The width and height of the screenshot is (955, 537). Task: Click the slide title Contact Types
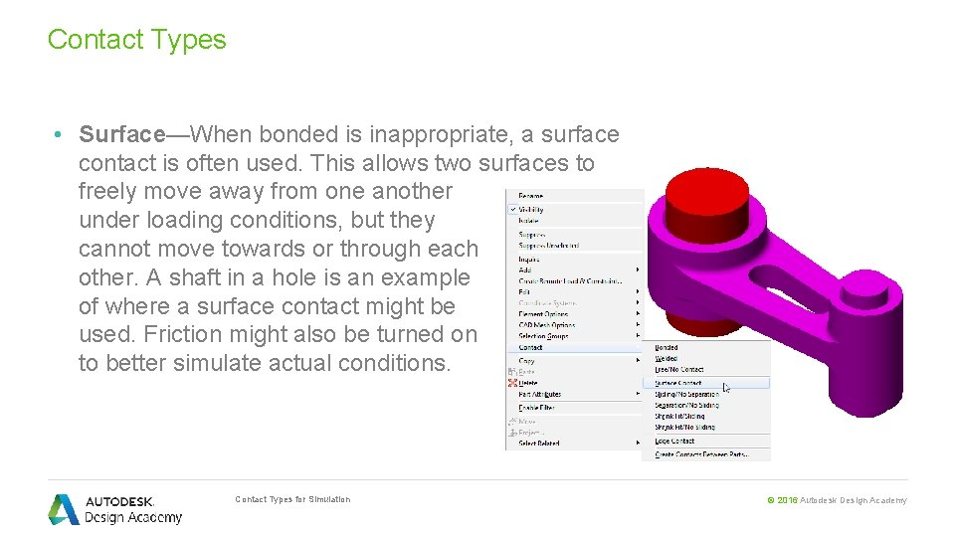click(x=136, y=40)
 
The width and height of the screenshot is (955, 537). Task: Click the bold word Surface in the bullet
click(x=121, y=134)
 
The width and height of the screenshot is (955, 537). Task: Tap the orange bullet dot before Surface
click(x=61, y=134)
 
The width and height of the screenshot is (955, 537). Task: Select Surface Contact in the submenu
click(x=678, y=383)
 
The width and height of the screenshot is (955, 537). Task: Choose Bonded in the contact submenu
click(x=667, y=348)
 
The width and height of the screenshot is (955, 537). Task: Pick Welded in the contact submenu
click(x=667, y=359)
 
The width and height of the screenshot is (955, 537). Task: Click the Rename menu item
click(x=531, y=196)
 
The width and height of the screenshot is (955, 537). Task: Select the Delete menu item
click(x=528, y=383)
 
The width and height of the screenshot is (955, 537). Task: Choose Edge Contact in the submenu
click(x=674, y=441)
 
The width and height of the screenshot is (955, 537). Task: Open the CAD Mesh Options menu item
click(x=547, y=325)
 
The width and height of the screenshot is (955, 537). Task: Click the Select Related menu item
click(x=539, y=443)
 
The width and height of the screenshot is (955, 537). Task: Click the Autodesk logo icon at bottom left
click(x=64, y=509)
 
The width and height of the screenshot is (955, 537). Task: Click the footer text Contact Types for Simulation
click(x=292, y=499)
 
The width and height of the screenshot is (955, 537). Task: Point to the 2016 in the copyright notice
click(x=787, y=500)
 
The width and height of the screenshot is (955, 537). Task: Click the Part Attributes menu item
click(x=540, y=395)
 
